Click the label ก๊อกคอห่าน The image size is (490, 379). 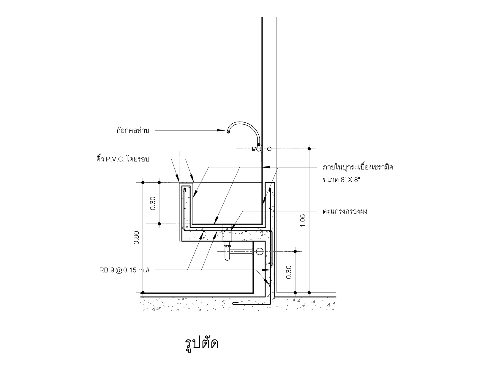pyautogui.click(x=133, y=130)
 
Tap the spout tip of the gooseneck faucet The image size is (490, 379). pyautogui.click(x=228, y=131)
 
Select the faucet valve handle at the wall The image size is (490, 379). pyautogui.click(x=254, y=148)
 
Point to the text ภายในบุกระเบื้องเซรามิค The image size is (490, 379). pyautogui.click(x=358, y=167)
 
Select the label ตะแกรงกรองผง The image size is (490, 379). pyautogui.click(x=345, y=212)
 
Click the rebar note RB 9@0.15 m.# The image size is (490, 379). pyautogui.click(x=124, y=270)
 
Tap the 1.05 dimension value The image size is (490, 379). pyautogui.click(x=303, y=221)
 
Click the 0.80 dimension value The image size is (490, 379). pyautogui.click(x=136, y=238)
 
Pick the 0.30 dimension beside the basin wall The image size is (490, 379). pyautogui.click(x=153, y=203)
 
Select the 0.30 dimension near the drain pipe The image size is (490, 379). pyautogui.click(x=289, y=272)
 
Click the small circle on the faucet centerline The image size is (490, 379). pyautogui.click(x=269, y=149)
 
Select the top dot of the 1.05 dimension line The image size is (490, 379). pyautogui.click(x=309, y=149)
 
